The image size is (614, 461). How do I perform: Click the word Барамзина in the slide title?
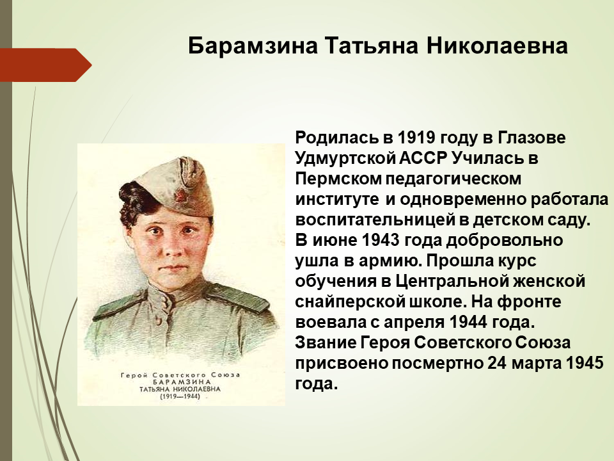pos(253,46)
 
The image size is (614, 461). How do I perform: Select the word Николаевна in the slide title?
pos(497,46)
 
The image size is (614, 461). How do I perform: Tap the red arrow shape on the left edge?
pos(46,65)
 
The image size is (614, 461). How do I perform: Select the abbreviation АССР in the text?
pos(423,158)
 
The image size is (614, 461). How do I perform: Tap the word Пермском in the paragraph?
pos(338,179)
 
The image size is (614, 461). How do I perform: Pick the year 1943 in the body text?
pos(380,240)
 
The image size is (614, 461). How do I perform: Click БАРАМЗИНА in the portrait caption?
pos(180,382)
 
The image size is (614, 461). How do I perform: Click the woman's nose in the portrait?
pos(170,247)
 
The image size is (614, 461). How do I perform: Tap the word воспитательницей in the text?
pos(374,220)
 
